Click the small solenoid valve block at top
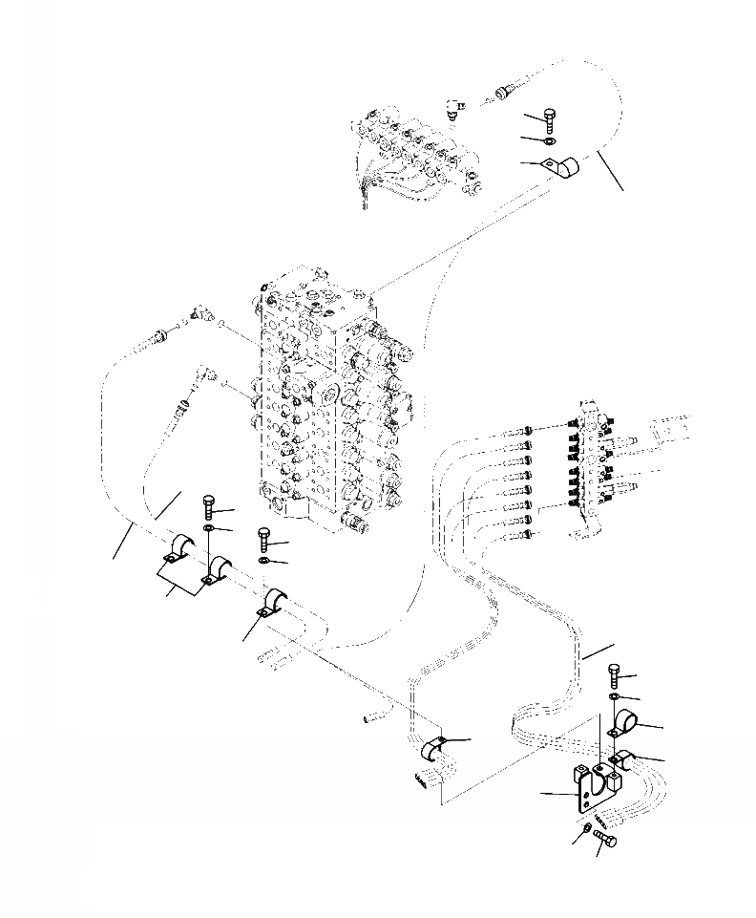click(x=410, y=153)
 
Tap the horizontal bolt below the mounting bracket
click(x=606, y=842)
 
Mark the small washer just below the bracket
click(x=584, y=833)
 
